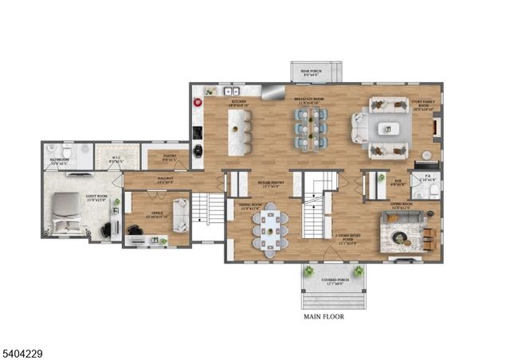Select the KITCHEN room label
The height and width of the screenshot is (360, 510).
[x=238, y=102]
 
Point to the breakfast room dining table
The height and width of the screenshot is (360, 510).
[x=311, y=127]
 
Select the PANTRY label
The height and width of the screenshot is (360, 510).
[x=170, y=156]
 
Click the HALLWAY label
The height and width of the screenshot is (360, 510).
[x=166, y=179]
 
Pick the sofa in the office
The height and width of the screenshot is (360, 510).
[x=181, y=213]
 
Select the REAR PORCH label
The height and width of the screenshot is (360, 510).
[x=316, y=70]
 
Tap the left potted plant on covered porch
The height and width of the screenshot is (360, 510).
[x=307, y=272]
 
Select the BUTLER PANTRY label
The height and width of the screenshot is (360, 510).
[x=272, y=184]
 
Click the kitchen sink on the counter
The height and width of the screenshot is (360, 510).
[x=226, y=91]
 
